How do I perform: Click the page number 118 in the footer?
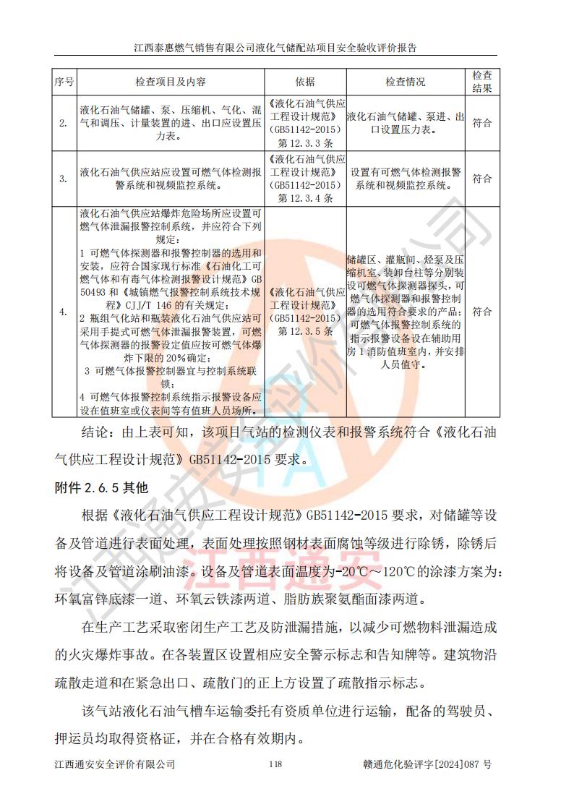(274, 764)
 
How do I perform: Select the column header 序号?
(64, 82)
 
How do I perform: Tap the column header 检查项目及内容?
(171, 82)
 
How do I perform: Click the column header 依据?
(305, 82)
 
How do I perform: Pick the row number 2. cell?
(64, 122)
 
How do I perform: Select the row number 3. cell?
(64, 178)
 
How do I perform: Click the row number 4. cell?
(64, 312)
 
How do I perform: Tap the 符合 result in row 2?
(482, 122)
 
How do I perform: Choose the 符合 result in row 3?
(482, 178)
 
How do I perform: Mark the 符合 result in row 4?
(482, 312)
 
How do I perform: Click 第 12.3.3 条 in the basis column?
(305, 142)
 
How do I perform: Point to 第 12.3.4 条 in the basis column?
(305, 197)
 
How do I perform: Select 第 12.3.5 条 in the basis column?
(305, 330)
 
